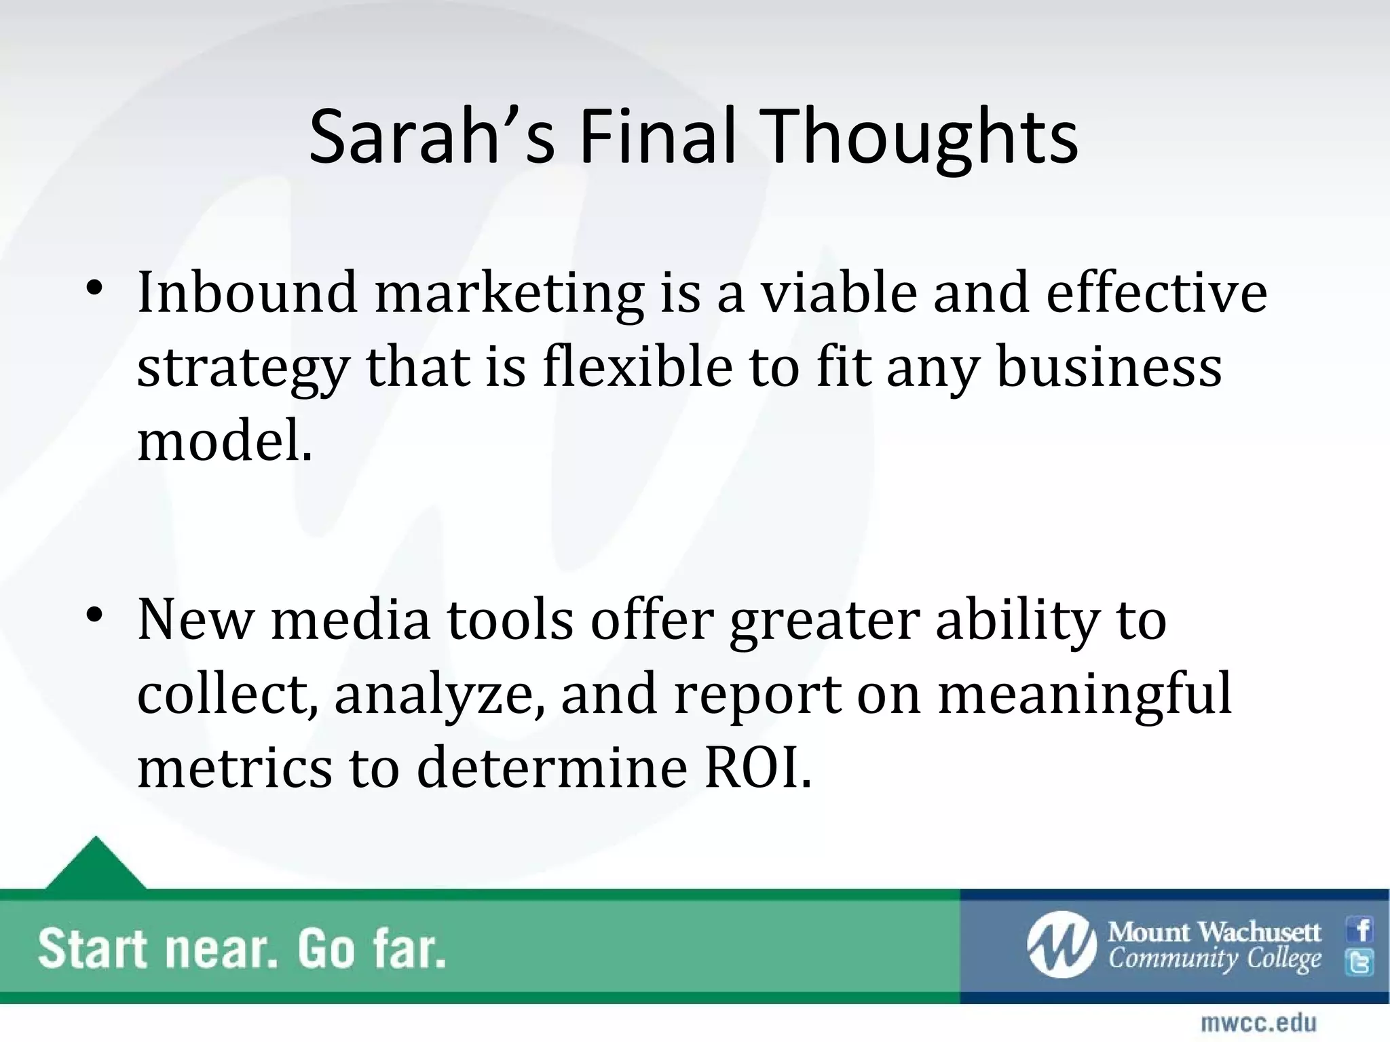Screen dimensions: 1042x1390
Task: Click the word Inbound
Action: tap(247, 293)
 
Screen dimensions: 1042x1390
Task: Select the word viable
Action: tap(838, 293)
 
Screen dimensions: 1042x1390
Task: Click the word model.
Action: tap(225, 441)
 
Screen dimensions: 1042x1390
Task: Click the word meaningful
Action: tap(1084, 696)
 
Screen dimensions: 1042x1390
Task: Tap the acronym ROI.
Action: tap(757, 768)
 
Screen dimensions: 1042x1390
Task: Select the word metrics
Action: tap(235, 768)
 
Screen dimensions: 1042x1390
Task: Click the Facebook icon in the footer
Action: tap(1359, 929)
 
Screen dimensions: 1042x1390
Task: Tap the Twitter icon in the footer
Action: tap(1359, 962)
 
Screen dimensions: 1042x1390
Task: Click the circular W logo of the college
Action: tap(1061, 945)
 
